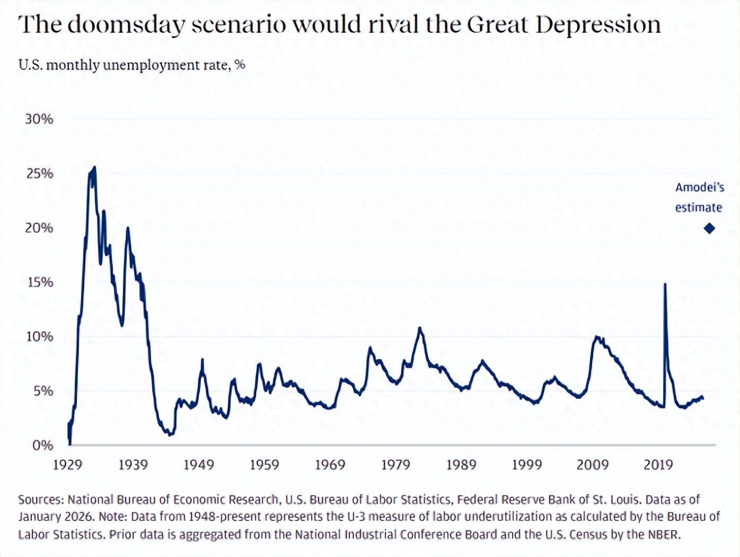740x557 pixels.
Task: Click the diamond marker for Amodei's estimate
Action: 709,228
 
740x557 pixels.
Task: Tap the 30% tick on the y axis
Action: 39,119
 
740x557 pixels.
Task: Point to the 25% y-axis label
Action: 40,174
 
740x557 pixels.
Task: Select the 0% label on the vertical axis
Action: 42,445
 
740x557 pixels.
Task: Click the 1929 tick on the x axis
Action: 68,465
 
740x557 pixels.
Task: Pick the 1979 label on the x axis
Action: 395,465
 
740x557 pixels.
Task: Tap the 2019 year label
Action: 658,465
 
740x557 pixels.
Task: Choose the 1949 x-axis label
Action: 199,465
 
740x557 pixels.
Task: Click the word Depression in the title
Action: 598,24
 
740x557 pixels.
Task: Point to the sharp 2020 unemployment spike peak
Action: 665,284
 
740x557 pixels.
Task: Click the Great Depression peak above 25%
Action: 94,167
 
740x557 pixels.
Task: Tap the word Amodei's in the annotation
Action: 699,187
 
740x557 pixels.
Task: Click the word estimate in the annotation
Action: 698,208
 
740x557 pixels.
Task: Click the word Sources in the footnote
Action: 41,499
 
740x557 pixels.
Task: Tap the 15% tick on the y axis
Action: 40,282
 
